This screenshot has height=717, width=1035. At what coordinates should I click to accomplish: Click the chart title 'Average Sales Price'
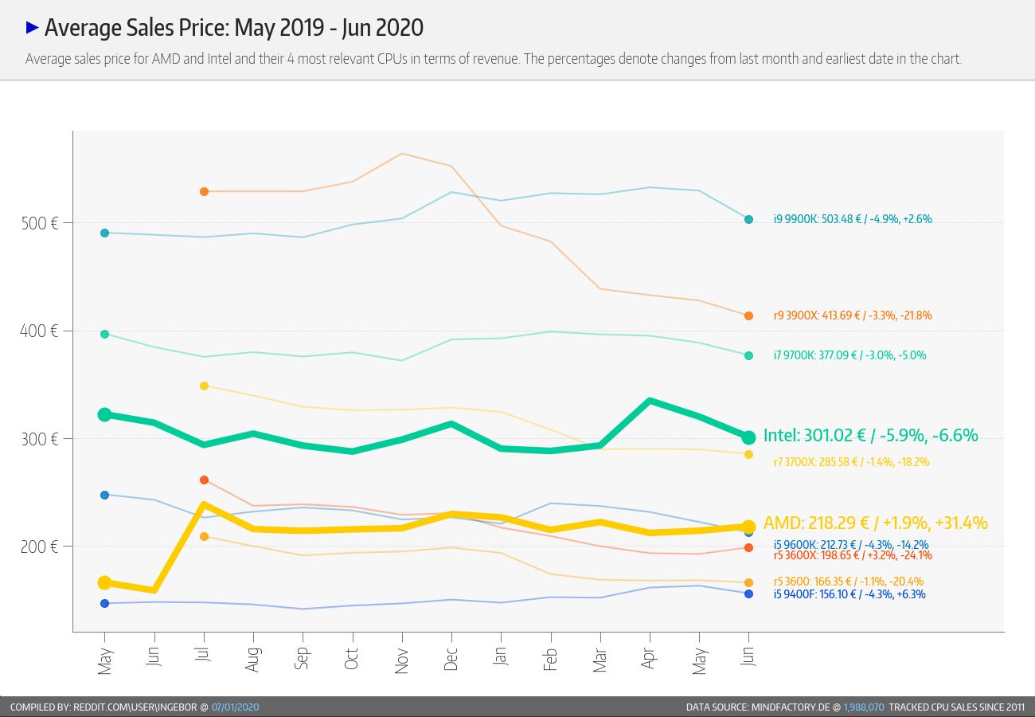click(137, 28)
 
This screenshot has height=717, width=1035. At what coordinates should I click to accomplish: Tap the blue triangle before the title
click(32, 28)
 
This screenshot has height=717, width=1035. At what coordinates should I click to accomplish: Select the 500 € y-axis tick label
click(40, 223)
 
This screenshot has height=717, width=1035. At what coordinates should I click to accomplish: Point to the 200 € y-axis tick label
click(39, 547)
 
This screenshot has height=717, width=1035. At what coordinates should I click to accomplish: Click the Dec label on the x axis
click(451, 659)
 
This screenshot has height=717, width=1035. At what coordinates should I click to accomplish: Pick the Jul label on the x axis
click(204, 654)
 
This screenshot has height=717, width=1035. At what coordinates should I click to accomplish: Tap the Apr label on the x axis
click(649, 658)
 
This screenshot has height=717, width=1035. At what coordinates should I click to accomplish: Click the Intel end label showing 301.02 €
click(870, 436)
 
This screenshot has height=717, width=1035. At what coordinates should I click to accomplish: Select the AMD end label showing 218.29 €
click(875, 523)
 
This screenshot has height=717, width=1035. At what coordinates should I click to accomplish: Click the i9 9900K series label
click(853, 219)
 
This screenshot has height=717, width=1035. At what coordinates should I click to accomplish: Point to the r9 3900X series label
click(853, 315)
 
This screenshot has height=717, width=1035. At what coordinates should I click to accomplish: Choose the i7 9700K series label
click(849, 355)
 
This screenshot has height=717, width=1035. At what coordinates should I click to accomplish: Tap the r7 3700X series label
click(851, 462)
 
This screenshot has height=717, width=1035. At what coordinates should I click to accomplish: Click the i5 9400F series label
click(849, 594)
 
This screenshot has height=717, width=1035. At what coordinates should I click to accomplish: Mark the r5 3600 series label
click(849, 582)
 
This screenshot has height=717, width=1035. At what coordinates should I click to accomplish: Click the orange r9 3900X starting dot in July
click(205, 191)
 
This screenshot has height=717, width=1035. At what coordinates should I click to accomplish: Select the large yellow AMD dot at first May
click(105, 582)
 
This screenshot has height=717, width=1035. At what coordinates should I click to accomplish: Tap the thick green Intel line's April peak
click(650, 402)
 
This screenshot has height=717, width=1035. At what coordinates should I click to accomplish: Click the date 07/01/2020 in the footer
click(235, 707)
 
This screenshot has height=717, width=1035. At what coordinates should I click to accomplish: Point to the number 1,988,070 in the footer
click(864, 707)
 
